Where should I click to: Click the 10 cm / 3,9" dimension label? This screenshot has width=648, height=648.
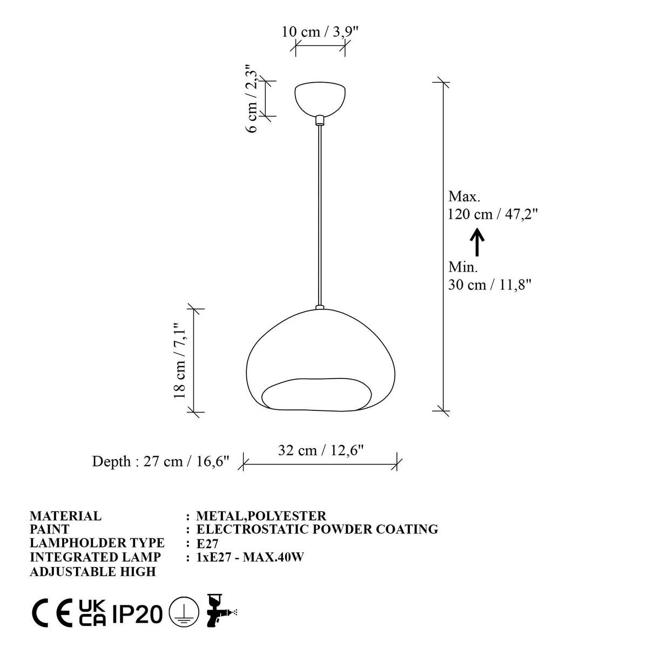[320, 31]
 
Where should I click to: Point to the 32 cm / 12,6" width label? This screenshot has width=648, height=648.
[321, 450]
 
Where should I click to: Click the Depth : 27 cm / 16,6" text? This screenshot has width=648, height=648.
[161, 462]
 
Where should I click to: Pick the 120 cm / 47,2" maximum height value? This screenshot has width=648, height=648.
[492, 214]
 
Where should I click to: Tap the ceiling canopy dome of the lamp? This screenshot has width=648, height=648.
[320, 98]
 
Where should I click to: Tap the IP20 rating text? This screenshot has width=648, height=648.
[137, 614]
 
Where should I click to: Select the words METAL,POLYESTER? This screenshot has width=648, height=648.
[261, 516]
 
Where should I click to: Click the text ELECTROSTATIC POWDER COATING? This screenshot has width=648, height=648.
[317, 529]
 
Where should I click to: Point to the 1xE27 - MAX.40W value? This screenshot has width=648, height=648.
[250, 557]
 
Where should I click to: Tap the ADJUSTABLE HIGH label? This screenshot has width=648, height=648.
[93, 571]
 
